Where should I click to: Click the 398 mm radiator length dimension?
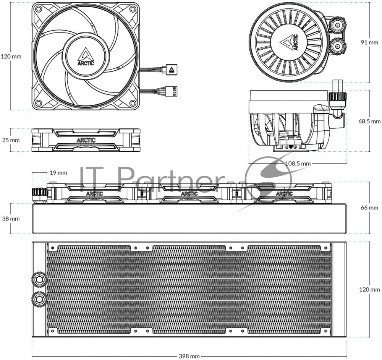coord(189,356)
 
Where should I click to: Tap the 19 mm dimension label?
coord(58,173)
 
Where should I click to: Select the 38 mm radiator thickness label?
coord(11,219)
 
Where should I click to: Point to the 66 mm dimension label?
coord(369,208)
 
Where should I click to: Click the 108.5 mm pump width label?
coord(298,163)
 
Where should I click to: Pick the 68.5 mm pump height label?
coord(369,121)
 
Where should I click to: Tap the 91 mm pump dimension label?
coord(369,42)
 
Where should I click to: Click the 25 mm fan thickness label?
coord(11,140)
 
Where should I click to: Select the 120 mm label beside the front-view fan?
coord(11,57)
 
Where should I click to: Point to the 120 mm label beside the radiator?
coord(369,290)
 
